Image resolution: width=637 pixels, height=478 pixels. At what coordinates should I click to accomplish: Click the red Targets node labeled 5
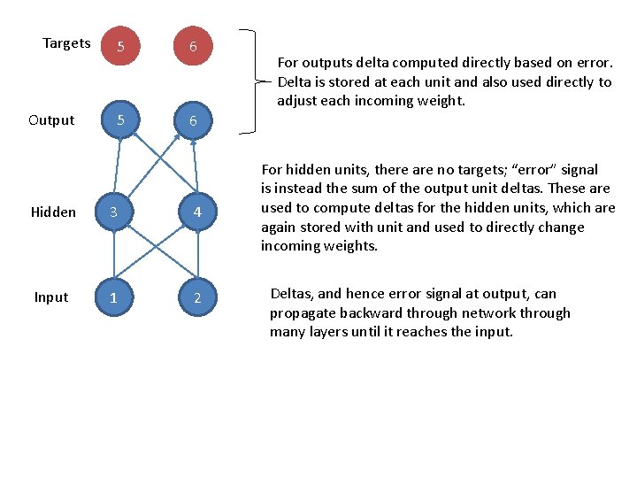[120, 46]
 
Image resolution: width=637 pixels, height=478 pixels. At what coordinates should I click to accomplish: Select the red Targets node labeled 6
[192, 46]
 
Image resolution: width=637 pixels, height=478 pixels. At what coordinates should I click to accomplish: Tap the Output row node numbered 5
[120, 119]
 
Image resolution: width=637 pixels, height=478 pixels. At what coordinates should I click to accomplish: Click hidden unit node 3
[113, 212]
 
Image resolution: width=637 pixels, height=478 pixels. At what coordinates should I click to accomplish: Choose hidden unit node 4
[197, 212]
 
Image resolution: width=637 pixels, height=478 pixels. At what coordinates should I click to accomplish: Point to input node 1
[113, 297]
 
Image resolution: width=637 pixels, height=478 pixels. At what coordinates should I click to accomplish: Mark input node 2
[197, 297]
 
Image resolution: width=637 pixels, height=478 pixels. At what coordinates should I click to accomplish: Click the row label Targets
[66, 43]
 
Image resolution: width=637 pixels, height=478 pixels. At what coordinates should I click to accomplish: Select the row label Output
[51, 120]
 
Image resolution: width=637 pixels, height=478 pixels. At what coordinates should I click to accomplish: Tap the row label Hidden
[53, 212]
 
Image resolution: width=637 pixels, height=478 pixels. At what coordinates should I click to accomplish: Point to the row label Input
[50, 297]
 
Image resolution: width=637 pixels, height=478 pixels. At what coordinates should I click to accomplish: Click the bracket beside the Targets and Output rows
[255, 81]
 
